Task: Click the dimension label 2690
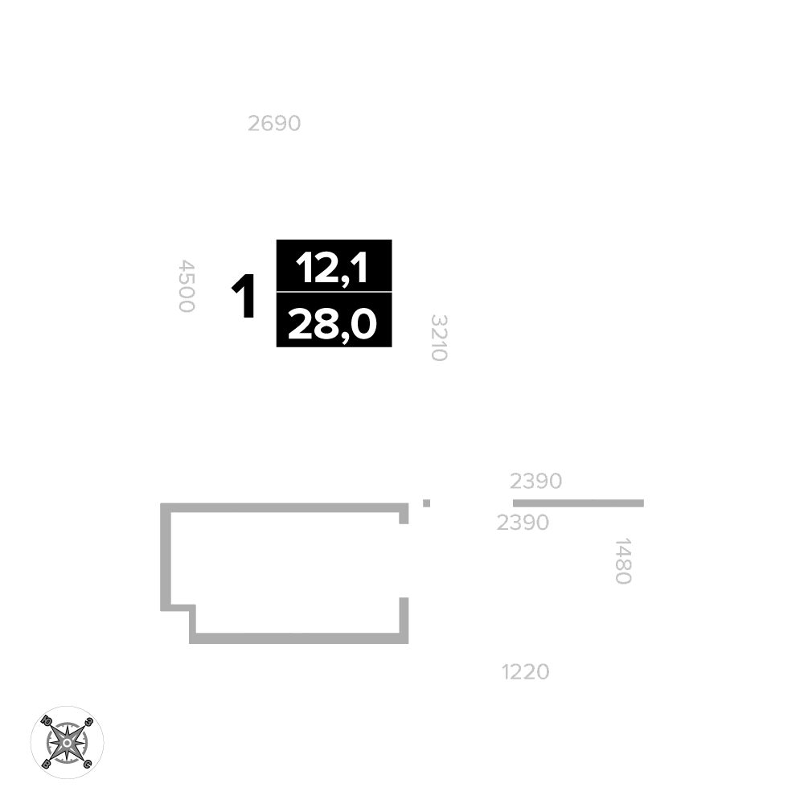point(274,124)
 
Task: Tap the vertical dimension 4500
point(187,286)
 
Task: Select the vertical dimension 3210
point(439,338)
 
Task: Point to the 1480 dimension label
point(622,561)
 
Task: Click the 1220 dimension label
point(526,671)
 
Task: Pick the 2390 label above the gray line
point(535,481)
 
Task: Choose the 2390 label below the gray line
point(523,523)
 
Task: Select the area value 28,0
point(332,324)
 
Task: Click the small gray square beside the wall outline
point(426,503)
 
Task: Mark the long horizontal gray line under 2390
point(578,503)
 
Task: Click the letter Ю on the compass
point(46,720)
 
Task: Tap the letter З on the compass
point(88,722)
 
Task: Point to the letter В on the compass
point(46,764)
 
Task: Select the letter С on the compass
point(88,764)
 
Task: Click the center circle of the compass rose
point(68,742)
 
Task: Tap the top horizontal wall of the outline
point(284,507)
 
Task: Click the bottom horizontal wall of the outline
point(298,638)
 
